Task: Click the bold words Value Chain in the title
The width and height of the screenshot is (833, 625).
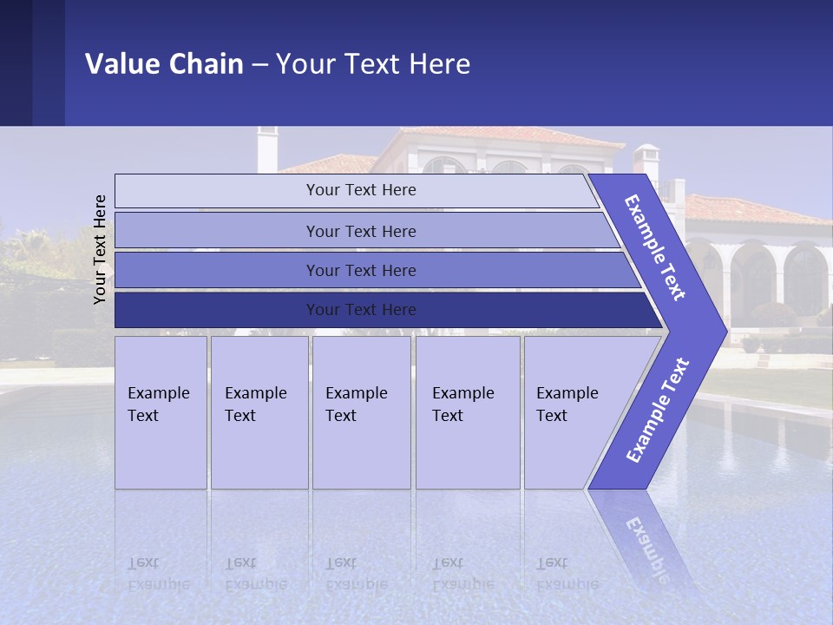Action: pos(164,64)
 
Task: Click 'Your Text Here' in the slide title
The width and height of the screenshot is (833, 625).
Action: pos(373,64)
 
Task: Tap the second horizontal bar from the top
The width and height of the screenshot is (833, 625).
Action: pos(361,231)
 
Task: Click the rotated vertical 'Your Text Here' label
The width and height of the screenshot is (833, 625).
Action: pos(100,249)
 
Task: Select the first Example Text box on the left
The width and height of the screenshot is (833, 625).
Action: pos(161,412)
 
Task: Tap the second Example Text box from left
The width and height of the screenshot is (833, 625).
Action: pos(259,412)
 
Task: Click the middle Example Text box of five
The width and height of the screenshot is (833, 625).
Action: pos(361,412)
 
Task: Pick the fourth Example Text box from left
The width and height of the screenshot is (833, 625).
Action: pos(467,412)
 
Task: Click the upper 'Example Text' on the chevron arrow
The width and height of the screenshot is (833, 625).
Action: pos(655,247)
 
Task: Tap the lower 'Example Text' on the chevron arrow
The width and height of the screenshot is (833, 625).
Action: pos(658,411)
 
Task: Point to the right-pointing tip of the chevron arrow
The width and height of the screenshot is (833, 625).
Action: pos(724,331)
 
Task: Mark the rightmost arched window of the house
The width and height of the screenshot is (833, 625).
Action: pos(806,278)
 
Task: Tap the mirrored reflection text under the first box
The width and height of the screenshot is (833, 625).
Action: pos(158,574)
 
